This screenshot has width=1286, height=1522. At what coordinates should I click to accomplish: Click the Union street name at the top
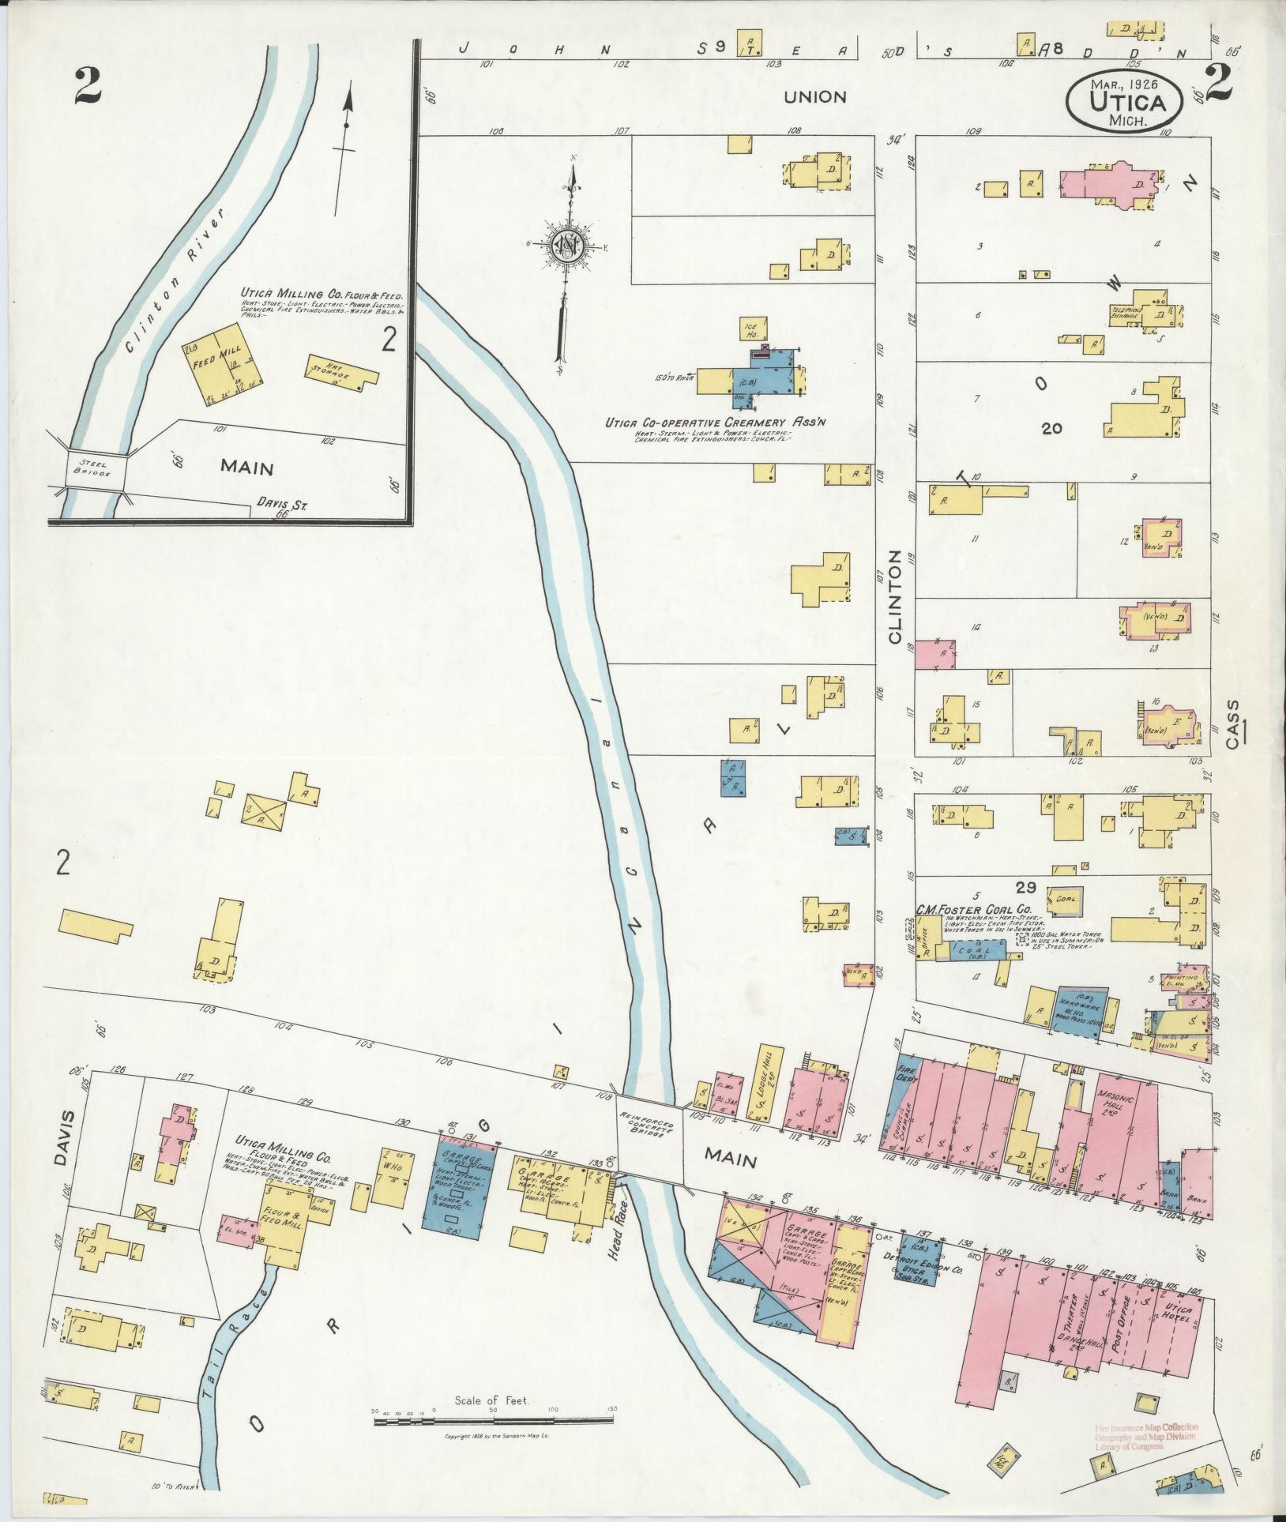coord(814,97)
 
